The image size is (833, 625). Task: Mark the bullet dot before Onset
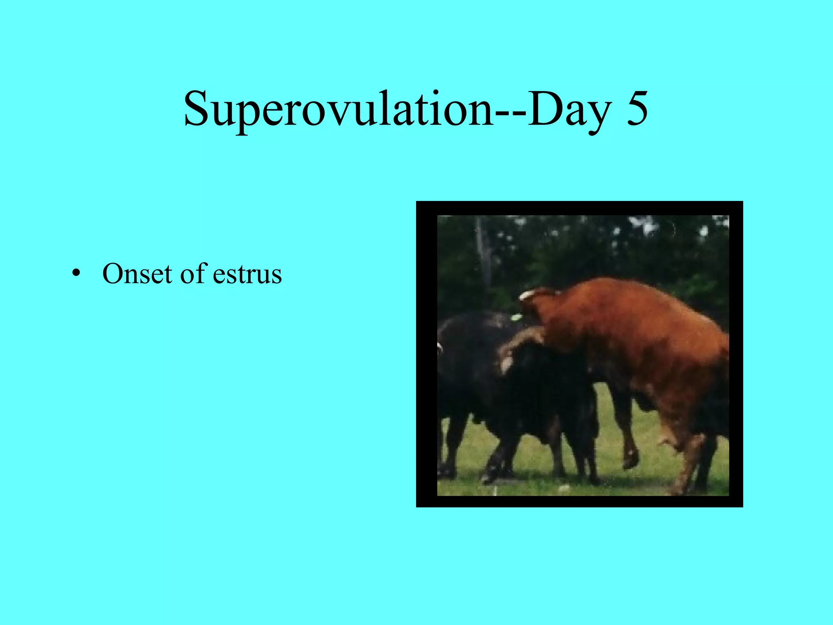pyautogui.click(x=75, y=273)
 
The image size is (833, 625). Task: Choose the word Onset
pyautogui.click(x=137, y=273)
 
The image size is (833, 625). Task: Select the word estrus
pyautogui.click(x=247, y=274)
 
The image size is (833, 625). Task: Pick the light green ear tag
pyautogui.click(x=516, y=317)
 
